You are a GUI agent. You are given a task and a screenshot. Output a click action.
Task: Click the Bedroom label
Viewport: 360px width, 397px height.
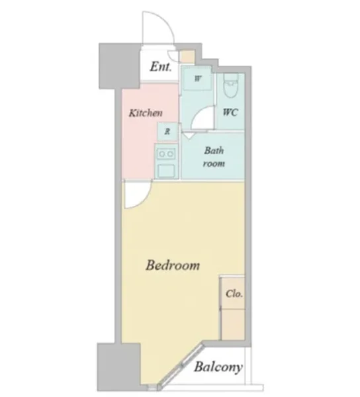click(x=173, y=265)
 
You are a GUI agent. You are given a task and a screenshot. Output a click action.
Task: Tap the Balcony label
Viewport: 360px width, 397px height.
click(x=218, y=367)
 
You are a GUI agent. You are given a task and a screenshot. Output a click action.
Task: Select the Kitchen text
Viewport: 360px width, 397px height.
click(x=146, y=113)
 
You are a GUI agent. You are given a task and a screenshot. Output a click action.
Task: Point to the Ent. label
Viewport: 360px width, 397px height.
click(x=161, y=67)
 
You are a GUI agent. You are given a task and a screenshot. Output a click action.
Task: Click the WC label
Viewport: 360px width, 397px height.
click(x=230, y=112)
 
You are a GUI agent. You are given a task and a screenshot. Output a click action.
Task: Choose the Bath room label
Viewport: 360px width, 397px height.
click(x=214, y=157)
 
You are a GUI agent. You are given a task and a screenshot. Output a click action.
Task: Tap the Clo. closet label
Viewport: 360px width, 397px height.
click(x=234, y=294)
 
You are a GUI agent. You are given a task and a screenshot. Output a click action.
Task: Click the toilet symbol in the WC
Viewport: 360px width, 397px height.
click(x=231, y=85)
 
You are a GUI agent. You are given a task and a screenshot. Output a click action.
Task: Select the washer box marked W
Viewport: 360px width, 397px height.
click(x=197, y=78)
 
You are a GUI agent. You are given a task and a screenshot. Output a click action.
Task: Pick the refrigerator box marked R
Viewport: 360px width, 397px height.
click(x=167, y=132)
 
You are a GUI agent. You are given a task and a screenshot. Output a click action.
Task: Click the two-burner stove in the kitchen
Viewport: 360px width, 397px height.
click(x=166, y=154)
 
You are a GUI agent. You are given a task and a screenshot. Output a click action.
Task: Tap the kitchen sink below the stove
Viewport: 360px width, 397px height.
click(x=166, y=171)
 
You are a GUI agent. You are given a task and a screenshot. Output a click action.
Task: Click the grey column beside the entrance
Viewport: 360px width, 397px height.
click(x=120, y=66)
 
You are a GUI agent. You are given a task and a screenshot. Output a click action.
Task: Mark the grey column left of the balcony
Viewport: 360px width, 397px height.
click(x=119, y=367)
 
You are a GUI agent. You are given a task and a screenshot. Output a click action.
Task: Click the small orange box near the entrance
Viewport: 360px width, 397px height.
click(x=187, y=57)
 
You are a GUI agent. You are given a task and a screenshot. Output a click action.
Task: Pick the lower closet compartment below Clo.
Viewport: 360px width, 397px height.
click(x=233, y=324)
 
